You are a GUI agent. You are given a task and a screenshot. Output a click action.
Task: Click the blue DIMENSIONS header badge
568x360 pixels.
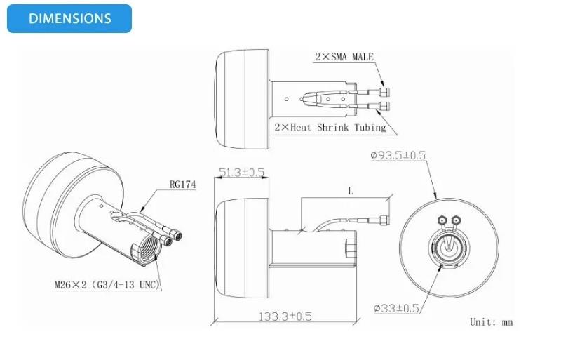[x=69, y=18]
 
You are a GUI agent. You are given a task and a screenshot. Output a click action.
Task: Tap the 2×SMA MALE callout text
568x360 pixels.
[x=344, y=57]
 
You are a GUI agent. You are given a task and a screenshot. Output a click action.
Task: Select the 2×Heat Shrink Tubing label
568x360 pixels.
[x=330, y=127]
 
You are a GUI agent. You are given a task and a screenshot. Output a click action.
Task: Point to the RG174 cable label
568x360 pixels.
[x=182, y=185]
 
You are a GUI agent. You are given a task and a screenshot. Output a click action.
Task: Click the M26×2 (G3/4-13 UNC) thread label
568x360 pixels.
[x=107, y=285]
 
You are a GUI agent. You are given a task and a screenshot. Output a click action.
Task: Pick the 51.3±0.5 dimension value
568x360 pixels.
[x=242, y=172]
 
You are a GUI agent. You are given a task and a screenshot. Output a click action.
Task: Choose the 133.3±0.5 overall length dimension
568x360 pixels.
[x=285, y=316]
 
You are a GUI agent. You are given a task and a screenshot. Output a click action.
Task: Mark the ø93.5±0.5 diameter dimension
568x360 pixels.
[x=398, y=156]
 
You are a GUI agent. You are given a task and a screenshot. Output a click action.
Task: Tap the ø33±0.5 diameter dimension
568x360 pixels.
[x=396, y=309]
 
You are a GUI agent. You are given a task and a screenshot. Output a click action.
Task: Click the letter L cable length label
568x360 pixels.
[x=351, y=191]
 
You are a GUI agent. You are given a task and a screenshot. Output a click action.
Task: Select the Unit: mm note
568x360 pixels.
[x=491, y=322]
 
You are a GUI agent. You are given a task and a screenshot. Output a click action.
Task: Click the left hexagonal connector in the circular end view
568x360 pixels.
[x=442, y=220]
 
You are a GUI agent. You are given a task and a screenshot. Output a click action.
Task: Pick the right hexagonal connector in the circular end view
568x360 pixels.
[x=455, y=220]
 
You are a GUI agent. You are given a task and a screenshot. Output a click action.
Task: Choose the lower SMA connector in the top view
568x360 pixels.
[x=384, y=106]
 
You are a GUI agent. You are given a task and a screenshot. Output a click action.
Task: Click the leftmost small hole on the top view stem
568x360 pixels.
[x=287, y=99]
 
